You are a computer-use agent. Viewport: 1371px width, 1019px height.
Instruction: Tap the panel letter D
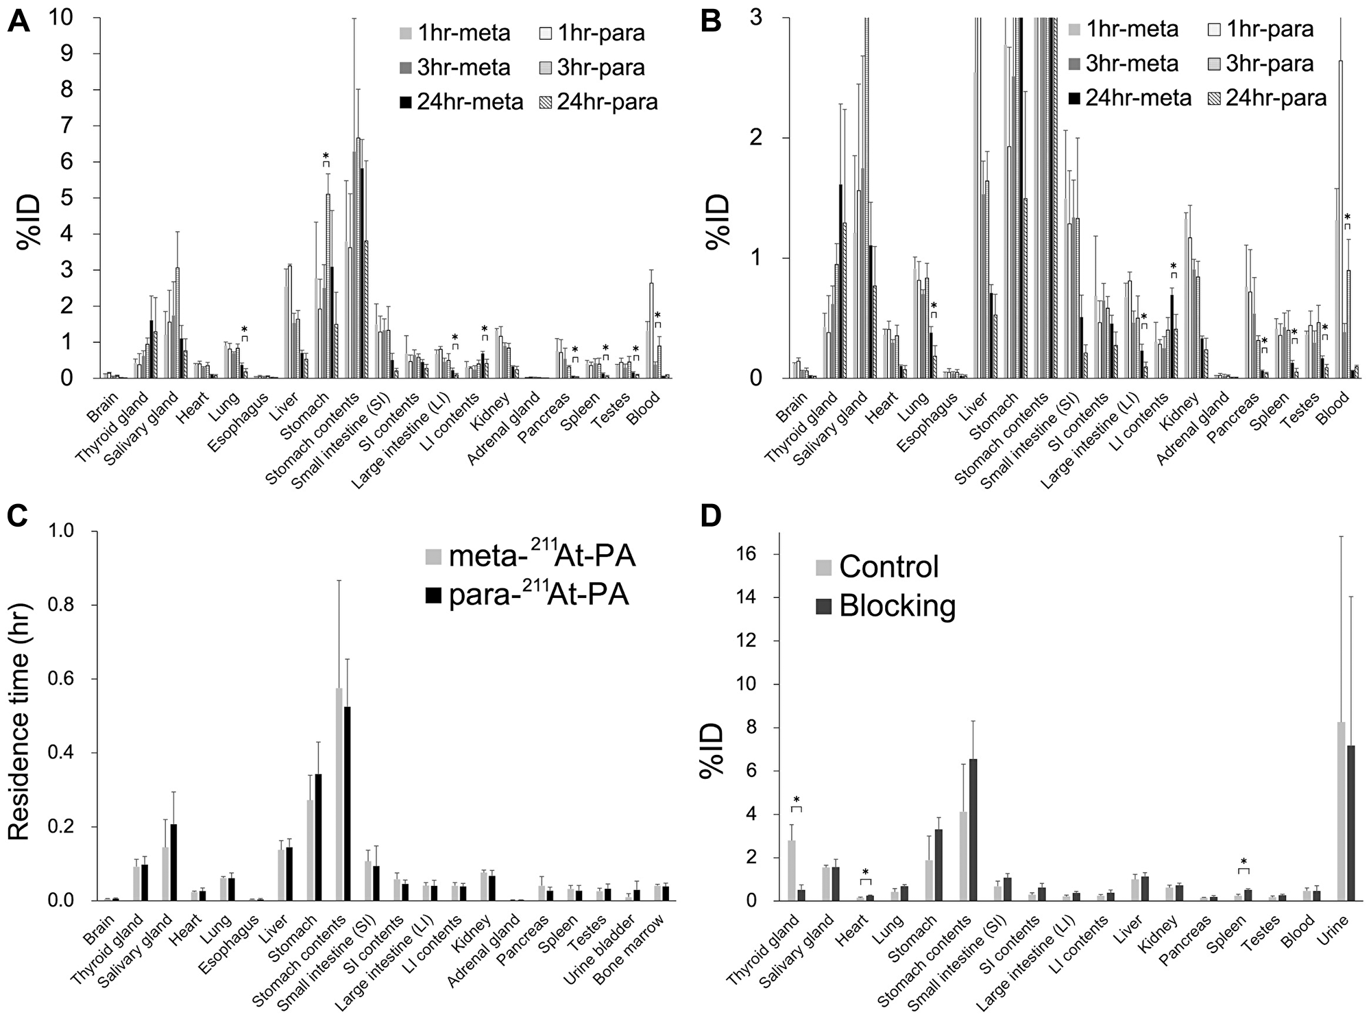tap(711, 514)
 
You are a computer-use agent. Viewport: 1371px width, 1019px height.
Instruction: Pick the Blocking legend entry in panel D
tap(888, 605)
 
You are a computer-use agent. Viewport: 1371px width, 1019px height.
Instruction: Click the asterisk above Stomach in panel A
tap(326, 156)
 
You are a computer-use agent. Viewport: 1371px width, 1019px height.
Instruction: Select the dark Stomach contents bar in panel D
tap(973, 830)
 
